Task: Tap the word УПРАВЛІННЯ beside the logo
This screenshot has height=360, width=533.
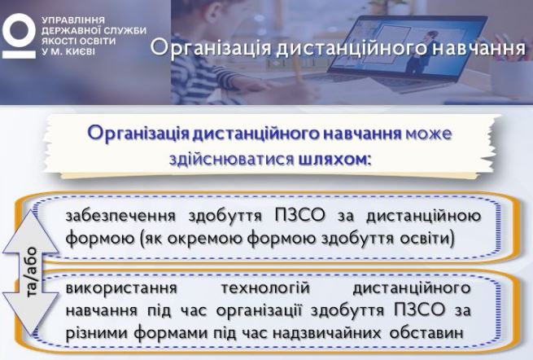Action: pyautogui.click(x=68, y=20)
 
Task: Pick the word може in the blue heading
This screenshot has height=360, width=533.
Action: pyautogui.click(x=429, y=133)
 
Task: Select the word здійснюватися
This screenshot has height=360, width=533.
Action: pyautogui.click(x=231, y=160)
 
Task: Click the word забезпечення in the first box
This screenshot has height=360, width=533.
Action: pyautogui.click(x=120, y=217)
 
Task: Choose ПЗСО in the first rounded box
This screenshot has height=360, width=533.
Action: pyautogui.click(x=299, y=216)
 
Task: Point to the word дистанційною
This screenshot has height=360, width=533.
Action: pyautogui.click(x=423, y=217)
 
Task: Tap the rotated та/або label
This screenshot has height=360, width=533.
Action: pyautogui.click(x=33, y=271)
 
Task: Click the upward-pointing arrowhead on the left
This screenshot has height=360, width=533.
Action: pyautogui.click(x=31, y=231)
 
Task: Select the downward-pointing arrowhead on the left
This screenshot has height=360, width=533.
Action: pyautogui.click(x=31, y=314)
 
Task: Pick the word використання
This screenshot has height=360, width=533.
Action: pyautogui.click(x=121, y=288)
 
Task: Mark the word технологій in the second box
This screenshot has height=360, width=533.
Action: pyautogui.click(x=265, y=288)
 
